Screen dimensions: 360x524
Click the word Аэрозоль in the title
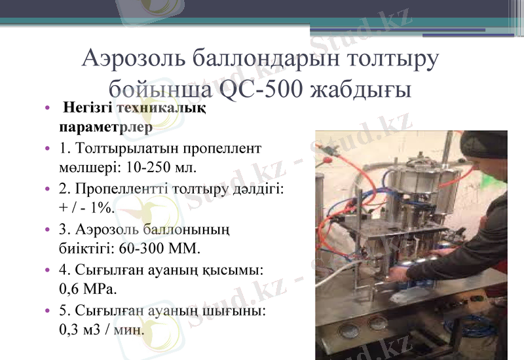point(134,60)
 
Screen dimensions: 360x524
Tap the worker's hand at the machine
point(419,251)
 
